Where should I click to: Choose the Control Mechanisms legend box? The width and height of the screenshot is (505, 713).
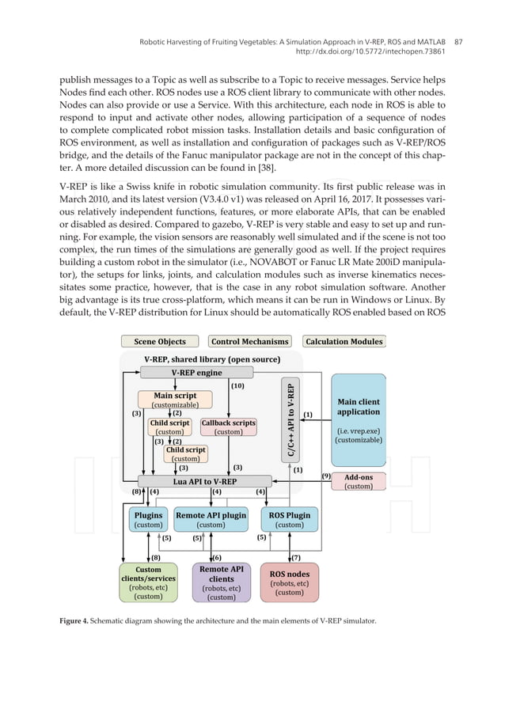(250, 342)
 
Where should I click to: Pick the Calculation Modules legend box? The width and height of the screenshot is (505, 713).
(344, 342)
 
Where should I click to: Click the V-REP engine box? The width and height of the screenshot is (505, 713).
(186, 372)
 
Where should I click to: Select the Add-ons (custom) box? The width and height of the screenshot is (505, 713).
(358, 482)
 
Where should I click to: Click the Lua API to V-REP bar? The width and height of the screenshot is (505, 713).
(193, 481)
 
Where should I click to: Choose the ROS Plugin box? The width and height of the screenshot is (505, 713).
(289, 519)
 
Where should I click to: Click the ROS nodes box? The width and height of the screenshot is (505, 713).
(290, 582)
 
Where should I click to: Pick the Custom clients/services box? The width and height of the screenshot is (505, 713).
(148, 582)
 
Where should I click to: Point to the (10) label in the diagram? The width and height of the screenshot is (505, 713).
(237, 387)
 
